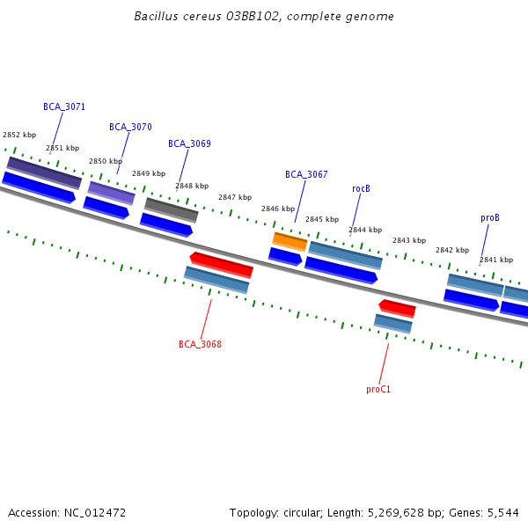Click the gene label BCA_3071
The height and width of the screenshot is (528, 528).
64,106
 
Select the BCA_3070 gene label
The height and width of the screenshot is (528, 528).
130,127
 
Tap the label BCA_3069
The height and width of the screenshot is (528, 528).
189,143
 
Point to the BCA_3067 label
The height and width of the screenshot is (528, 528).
306,174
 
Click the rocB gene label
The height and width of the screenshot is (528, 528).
361,188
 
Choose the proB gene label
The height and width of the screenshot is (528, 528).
490,217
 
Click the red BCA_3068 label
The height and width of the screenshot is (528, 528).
200,344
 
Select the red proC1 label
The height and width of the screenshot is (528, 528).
378,389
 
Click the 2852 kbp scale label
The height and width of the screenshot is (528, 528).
19,135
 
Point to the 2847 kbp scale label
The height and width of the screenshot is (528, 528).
235,197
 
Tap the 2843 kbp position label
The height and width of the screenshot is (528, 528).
409,240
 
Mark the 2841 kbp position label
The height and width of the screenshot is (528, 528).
496,260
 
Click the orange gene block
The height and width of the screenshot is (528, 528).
290,241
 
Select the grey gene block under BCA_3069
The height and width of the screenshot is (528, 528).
172,209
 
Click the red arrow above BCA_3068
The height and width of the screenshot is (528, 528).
221,263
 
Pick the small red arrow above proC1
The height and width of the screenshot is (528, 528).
397,308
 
